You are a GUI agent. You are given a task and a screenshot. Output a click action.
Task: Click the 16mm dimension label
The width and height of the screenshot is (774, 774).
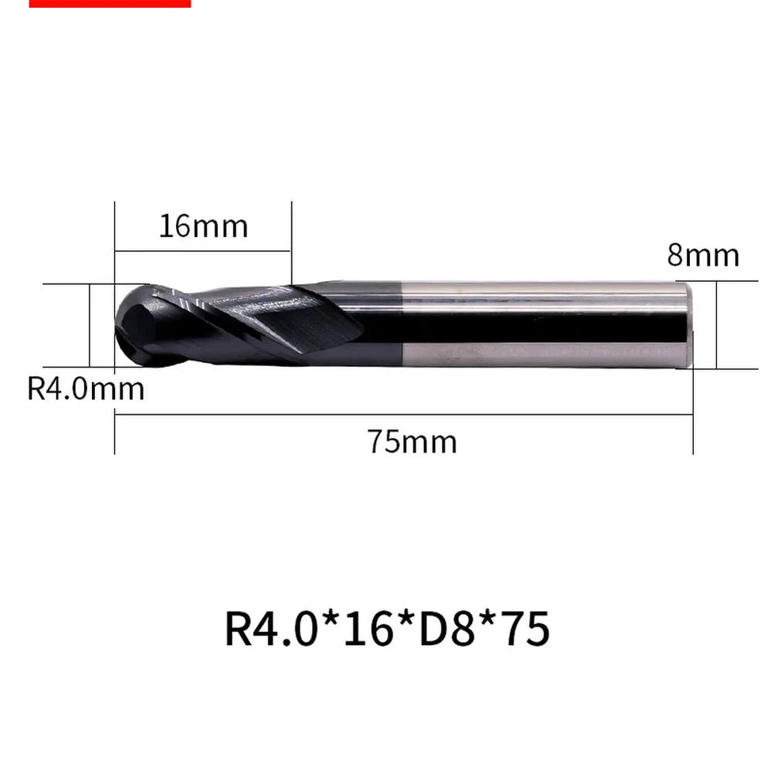coord(203,226)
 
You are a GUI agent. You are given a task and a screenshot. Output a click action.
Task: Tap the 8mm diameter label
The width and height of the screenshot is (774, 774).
coord(703,255)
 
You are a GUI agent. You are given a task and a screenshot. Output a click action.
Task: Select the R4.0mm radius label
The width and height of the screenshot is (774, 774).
coord(86,389)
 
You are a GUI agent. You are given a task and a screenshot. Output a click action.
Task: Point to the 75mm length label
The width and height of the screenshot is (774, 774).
coord(412,442)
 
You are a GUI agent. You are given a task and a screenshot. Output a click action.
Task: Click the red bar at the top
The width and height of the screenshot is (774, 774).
coord(110,3)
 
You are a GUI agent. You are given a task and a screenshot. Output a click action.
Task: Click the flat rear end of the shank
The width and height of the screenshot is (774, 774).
coord(688,324)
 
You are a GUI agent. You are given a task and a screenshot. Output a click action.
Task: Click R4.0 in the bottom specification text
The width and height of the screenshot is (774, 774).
coord(270,628)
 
